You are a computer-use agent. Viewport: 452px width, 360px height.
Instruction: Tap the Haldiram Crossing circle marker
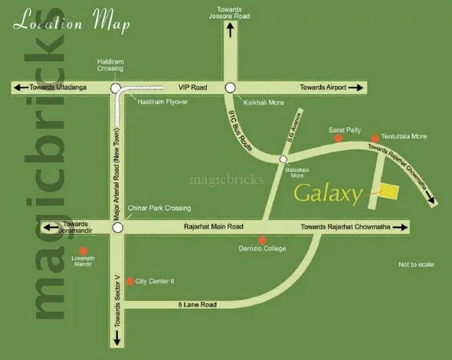115,89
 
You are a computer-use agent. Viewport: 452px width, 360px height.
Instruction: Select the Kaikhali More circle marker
229,89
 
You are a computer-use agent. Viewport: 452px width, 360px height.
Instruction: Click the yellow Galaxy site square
391,191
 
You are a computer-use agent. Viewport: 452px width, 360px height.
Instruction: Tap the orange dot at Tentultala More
375,139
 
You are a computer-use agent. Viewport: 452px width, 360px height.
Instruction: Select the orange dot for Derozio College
263,240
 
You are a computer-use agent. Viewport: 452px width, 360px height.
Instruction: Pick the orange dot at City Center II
129,281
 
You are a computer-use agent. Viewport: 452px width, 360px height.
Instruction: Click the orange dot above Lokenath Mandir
84,250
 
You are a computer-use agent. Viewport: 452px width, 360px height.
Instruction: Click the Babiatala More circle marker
283,160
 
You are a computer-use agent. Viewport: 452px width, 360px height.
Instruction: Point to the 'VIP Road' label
193,89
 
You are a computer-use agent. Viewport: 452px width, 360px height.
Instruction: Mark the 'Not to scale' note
416,264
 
